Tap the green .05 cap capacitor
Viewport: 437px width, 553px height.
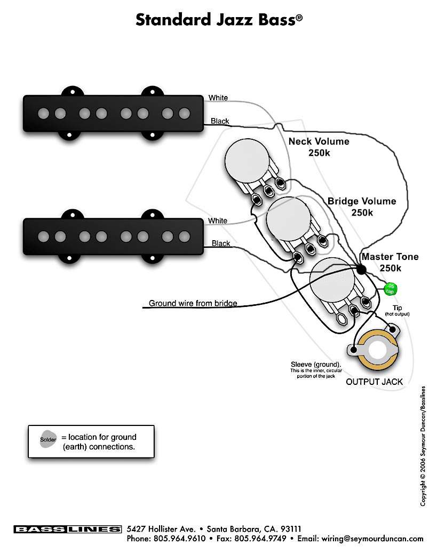click(391, 288)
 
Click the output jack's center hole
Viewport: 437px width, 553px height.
click(378, 352)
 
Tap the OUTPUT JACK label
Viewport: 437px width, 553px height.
click(374, 382)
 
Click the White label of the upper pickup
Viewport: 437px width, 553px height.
click(218, 98)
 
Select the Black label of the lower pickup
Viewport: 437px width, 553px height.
click(221, 243)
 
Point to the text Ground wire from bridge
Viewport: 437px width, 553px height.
click(193, 303)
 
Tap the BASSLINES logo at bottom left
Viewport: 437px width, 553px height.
click(67, 529)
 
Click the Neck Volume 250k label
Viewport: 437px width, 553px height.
click(319, 147)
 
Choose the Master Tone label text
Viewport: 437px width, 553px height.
click(390, 257)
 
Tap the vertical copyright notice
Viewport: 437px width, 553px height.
click(423, 446)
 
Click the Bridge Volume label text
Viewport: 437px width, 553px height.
click(362, 201)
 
